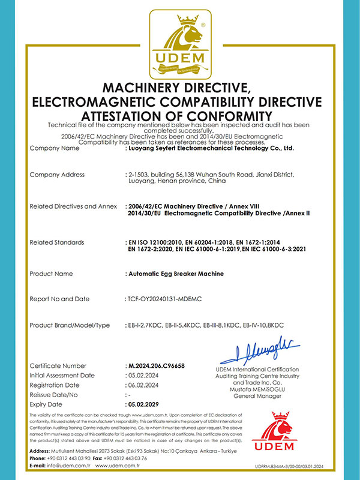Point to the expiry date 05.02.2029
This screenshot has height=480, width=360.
coord(145,404)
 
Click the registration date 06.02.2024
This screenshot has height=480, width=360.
coord(144,385)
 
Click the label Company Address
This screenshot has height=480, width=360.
coord(57,175)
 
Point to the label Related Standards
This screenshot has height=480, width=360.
coord(58,242)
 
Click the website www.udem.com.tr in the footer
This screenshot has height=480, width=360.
coord(117,466)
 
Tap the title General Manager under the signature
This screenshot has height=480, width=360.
coord(257,395)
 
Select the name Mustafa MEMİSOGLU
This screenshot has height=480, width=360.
coord(257,389)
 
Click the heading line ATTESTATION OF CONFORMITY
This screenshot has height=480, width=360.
coord(180,115)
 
